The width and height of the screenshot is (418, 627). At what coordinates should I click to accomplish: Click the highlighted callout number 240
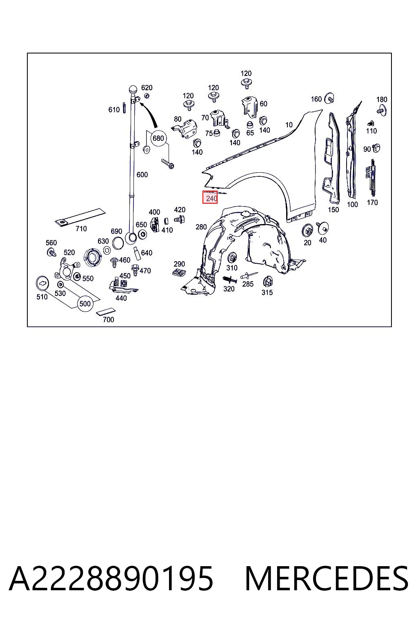211,198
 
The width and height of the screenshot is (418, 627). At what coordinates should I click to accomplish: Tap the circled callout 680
158,138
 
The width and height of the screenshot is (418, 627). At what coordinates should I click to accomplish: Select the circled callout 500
85,304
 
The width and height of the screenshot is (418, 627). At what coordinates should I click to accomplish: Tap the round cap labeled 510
43,283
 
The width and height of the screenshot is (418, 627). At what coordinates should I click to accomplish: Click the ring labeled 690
118,243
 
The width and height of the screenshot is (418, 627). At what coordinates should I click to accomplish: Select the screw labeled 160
329,98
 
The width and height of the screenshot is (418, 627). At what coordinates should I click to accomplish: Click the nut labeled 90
376,148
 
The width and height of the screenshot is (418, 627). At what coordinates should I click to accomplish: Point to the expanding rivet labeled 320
229,280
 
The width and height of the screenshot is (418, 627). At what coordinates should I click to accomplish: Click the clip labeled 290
179,272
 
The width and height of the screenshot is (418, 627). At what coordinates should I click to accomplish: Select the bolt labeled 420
179,220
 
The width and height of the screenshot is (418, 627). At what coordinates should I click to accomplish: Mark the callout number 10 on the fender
289,125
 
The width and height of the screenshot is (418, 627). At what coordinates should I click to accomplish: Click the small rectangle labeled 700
106,311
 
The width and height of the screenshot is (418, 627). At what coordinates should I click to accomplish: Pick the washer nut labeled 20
308,231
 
